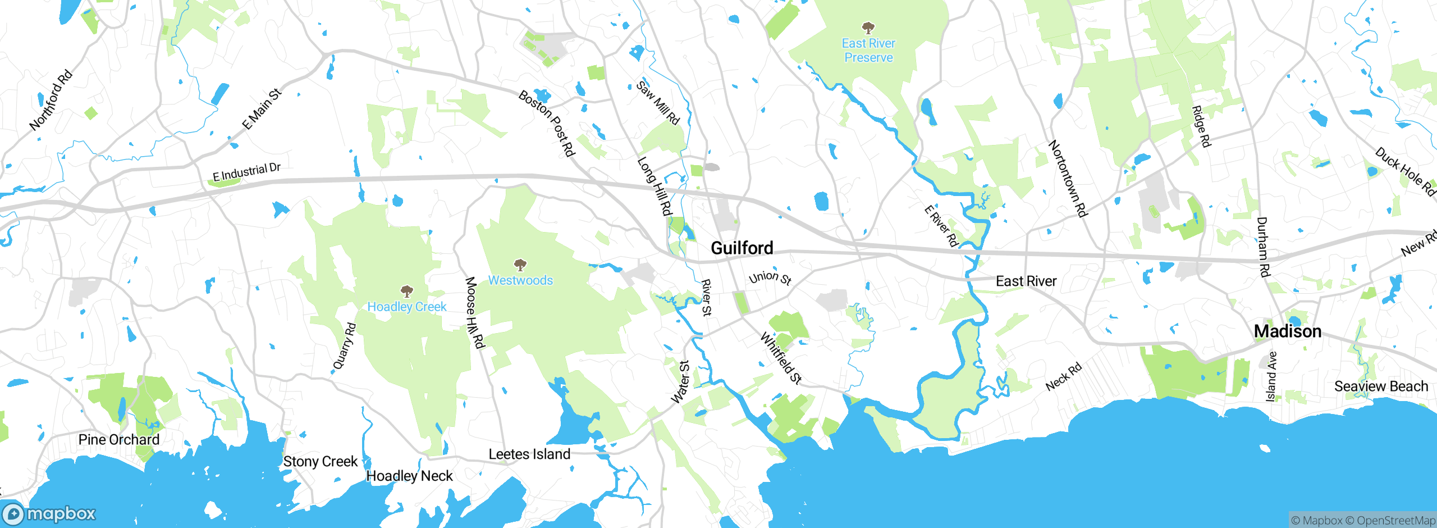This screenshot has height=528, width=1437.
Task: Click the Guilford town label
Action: pyautogui.click(x=742, y=248)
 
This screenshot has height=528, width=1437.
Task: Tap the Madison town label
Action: pyautogui.click(x=1287, y=331)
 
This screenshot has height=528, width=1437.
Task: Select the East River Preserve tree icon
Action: pyautogui.click(x=868, y=28)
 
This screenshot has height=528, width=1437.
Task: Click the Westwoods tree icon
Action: pyautogui.click(x=520, y=265)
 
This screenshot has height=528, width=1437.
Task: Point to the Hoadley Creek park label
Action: pyautogui.click(x=407, y=307)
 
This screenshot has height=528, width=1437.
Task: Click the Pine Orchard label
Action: pyautogui.click(x=119, y=439)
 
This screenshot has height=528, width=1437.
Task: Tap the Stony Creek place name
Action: pyautogui.click(x=320, y=461)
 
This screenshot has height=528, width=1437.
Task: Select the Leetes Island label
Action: pyautogui.click(x=529, y=454)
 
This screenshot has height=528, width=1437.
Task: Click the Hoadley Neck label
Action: pyautogui.click(x=409, y=476)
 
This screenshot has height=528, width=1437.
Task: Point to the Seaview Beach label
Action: pyautogui.click(x=1381, y=386)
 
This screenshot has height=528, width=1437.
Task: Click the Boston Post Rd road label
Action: pyautogui.click(x=547, y=124)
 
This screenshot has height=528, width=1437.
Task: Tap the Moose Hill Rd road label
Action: pyautogui.click(x=474, y=312)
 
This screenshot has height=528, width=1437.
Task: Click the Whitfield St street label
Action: pyautogui.click(x=780, y=358)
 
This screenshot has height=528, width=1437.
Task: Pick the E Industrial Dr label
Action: pyautogui.click(x=246, y=172)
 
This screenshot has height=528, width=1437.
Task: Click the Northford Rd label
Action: pyautogui.click(x=51, y=100)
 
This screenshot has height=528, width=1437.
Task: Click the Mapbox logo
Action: pyautogui.click(x=49, y=513)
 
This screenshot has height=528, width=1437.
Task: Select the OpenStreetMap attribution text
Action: pyautogui.click(x=1395, y=521)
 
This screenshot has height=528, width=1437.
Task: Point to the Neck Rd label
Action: pyautogui.click(x=1063, y=377)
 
